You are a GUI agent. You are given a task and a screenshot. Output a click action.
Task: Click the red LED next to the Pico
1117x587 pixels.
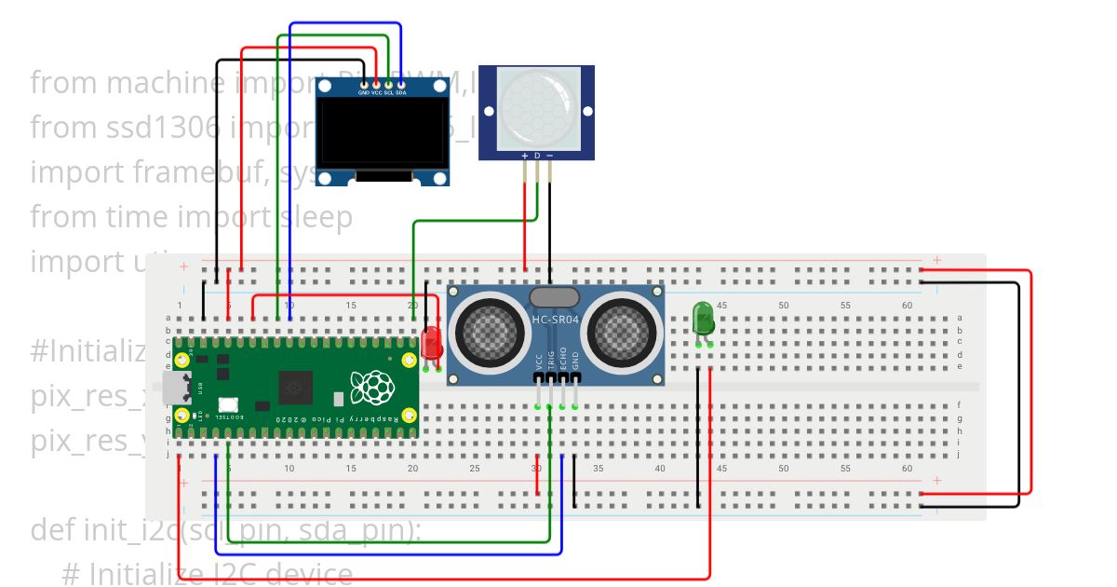(x=431, y=343)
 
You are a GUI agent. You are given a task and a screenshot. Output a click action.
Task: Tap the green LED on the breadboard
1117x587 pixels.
(x=703, y=318)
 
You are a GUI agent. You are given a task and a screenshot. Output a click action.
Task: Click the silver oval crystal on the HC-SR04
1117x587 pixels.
(x=555, y=297)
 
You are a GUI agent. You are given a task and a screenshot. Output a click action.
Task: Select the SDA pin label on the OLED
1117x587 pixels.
(x=400, y=93)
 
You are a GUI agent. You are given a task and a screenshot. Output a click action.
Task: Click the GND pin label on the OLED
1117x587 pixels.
(x=363, y=93)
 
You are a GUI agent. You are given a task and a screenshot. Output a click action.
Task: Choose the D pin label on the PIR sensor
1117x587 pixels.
(x=537, y=155)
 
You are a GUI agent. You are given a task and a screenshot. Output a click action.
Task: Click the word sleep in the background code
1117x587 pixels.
(x=316, y=216)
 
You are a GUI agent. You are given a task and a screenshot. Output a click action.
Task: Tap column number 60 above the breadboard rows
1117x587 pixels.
(x=908, y=306)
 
